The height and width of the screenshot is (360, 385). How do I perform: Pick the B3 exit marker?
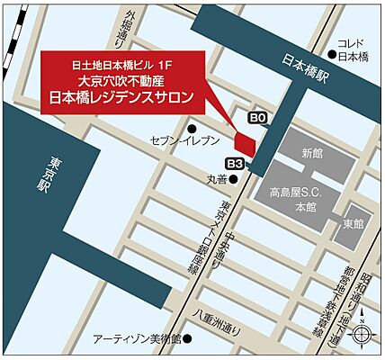(235, 163)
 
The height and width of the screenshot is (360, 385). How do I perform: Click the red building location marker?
(245, 141)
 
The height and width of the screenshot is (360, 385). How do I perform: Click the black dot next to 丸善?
(237, 180)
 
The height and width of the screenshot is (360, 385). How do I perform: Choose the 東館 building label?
(351, 222)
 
